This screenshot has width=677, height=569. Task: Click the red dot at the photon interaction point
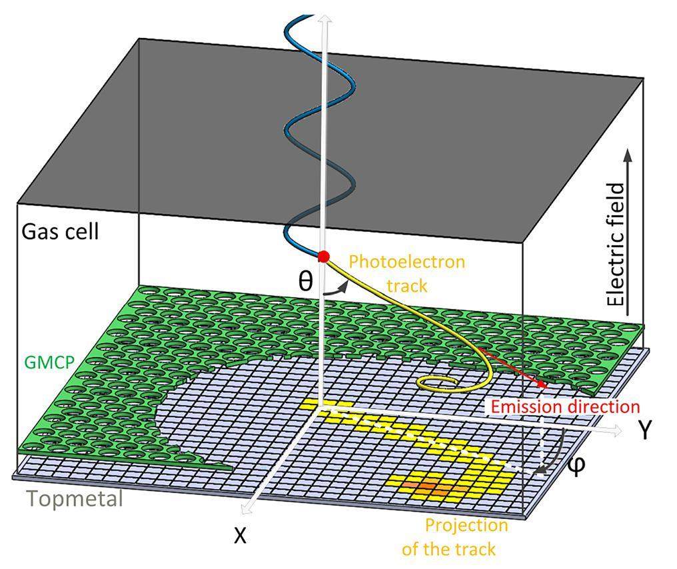324,257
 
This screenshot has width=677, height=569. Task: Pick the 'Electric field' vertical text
618,245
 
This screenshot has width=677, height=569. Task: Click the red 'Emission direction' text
564,406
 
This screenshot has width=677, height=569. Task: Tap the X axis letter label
241,534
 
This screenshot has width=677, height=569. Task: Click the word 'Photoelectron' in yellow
406,261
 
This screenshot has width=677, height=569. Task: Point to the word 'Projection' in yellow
466,525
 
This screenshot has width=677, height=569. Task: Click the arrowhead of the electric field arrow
626,155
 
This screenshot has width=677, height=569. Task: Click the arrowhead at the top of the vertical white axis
326,19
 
